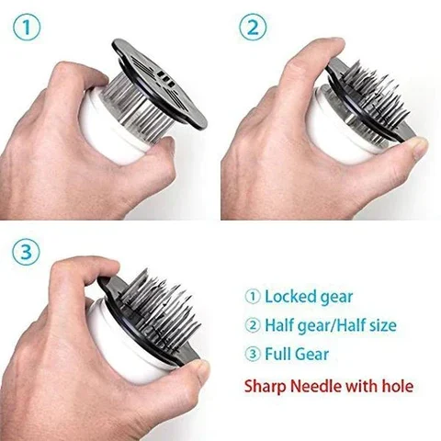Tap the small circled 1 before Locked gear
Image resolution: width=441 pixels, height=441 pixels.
click(254, 297)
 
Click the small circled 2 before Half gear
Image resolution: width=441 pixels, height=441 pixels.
click(254, 324)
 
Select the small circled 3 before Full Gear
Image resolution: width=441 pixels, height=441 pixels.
click(254, 353)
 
